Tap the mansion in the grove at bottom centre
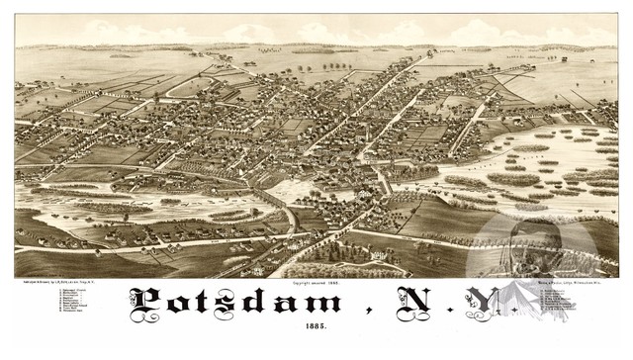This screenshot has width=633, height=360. coord(376,255)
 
